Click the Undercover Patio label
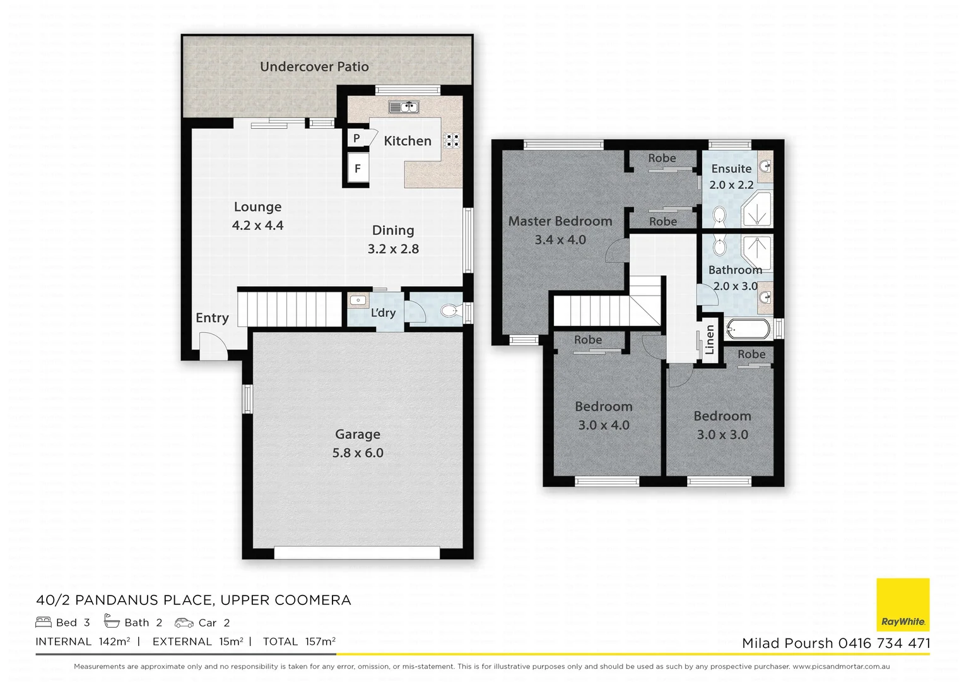314,67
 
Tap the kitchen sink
403,107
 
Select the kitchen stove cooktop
452,140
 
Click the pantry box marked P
356,138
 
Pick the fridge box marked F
357,169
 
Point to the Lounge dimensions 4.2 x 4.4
257,225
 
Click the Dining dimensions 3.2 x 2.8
393,249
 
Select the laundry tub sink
358,301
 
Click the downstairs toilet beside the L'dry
449,311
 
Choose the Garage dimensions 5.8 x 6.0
358,453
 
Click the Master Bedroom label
560,221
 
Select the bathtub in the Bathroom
748,329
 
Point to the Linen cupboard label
710,339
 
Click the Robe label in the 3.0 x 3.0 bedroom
751,354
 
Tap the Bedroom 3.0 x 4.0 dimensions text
604,425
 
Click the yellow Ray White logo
903,604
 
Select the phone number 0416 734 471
884,643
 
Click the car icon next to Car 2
184,623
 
